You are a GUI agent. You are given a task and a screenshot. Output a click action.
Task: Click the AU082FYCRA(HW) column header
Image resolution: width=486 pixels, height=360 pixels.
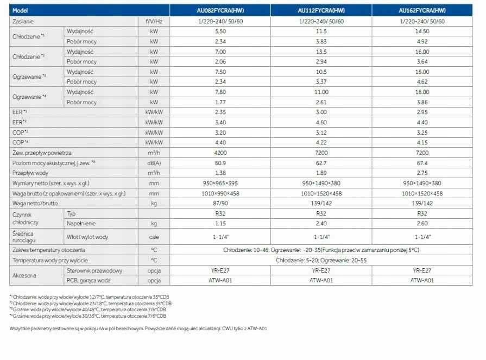click(220, 10)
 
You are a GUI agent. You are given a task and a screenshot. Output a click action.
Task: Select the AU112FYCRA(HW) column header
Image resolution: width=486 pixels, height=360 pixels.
click(321, 10)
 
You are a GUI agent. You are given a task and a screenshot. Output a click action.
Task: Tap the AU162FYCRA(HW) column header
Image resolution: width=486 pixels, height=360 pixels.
click(422, 10)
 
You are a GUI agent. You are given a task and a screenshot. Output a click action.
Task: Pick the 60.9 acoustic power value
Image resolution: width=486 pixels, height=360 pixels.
click(220, 163)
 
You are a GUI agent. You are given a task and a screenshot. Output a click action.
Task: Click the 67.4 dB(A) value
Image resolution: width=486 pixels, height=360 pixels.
click(422, 163)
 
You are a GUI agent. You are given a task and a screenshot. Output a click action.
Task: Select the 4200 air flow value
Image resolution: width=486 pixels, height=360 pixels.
click(220, 153)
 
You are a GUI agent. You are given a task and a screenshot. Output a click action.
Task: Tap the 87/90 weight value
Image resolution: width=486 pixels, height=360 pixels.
click(220, 203)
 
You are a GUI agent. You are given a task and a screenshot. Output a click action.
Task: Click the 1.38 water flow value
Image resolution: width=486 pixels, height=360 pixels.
click(220, 173)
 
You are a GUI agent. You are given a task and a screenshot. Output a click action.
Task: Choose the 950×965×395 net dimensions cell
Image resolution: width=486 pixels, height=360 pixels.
click(220, 183)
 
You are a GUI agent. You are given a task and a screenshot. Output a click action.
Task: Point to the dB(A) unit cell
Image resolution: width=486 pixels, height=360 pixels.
click(154, 163)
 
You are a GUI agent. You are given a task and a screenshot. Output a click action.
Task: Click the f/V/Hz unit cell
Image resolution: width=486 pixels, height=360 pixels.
click(154, 21)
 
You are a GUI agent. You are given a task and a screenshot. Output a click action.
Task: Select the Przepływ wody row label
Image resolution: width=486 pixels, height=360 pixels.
click(30, 173)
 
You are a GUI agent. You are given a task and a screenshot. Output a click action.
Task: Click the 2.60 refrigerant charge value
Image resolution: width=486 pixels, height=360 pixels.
click(422, 223)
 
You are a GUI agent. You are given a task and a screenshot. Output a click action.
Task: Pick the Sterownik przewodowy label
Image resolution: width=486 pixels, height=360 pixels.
click(94, 270)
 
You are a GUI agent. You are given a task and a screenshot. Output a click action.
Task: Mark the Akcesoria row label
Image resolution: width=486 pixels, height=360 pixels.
click(24, 275)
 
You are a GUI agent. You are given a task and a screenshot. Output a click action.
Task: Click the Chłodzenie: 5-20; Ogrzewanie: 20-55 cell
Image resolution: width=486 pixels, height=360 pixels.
click(321, 260)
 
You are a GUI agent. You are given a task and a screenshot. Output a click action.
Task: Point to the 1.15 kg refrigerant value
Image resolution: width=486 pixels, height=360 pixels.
click(220, 223)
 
